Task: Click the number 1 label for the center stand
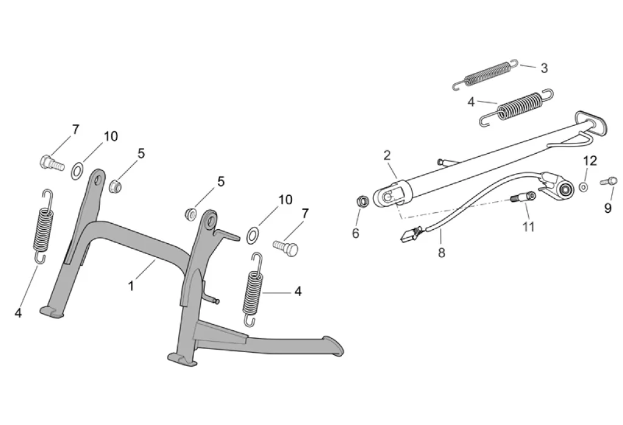[x=131, y=285]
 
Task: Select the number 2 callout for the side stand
[x=387, y=155]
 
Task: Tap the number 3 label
[x=544, y=68]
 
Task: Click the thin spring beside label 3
[x=486, y=75]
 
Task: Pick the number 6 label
[x=356, y=233]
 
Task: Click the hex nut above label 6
[x=361, y=201]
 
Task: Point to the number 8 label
[x=442, y=253]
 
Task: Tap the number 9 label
[x=608, y=208]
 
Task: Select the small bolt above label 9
[x=609, y=181]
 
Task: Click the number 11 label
[x=528, y=227]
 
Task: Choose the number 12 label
[x=590, y=161]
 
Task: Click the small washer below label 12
[x=583, y=187]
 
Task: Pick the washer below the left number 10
[x=78, y=170]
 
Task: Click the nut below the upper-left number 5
[x=116, y=185]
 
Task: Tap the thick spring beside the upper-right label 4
[x=518, y=107]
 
